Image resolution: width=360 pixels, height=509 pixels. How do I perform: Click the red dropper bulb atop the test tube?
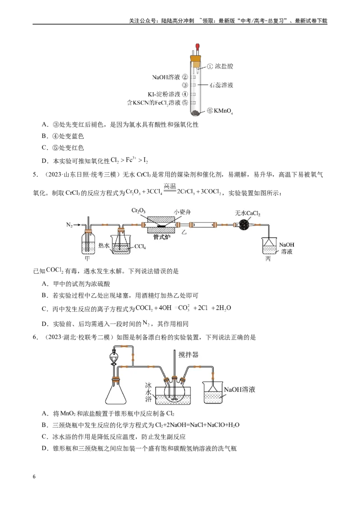click(197, 47)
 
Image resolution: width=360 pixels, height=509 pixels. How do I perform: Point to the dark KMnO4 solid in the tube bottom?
click(196, 113)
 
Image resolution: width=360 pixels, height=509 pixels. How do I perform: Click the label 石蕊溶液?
click(221, 85)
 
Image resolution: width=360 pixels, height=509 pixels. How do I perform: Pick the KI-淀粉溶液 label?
click(164, 94)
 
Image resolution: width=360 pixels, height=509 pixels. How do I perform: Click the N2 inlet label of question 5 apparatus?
click(69, 225)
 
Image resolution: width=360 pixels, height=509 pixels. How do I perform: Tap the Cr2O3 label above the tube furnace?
click(139, 211)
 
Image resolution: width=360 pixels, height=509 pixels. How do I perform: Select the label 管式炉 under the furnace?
click(162, 237)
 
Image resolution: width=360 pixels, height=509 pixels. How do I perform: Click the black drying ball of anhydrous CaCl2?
click(244, 224)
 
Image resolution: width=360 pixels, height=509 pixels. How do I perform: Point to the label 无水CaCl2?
click(247, 213)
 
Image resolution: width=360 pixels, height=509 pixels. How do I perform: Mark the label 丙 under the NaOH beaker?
click(268, 259)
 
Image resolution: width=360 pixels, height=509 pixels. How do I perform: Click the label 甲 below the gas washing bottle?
click(87, 259)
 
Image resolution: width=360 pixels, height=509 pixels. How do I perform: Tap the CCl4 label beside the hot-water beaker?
click(140, 247)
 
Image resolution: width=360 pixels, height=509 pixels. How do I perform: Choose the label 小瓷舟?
click(182, 212)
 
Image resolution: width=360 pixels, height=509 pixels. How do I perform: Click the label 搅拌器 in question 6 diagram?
click(189, 354)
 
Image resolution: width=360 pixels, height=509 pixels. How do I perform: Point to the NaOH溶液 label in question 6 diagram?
click(239, 389)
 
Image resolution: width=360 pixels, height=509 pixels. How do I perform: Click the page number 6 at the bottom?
click(34, 477)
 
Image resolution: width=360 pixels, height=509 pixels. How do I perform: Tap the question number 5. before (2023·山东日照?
click(36, 174)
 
